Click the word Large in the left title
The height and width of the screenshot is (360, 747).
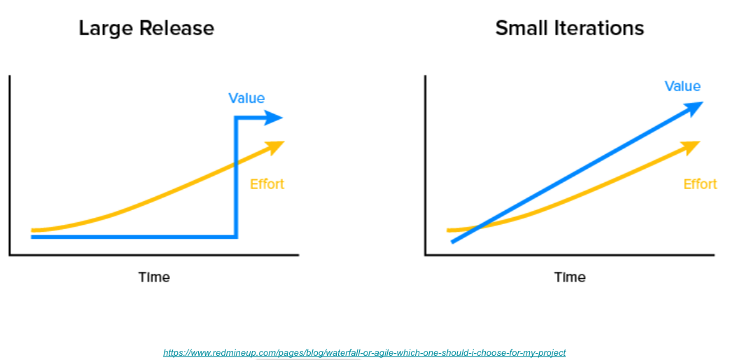[x=106, y=29]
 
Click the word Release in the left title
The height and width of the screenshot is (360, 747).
[x=177, y=28]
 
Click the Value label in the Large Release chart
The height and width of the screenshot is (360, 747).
[x=246, y=98]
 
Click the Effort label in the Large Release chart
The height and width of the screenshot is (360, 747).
[x=267, y=184]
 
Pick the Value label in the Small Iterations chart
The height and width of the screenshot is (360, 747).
[x=683, y=86]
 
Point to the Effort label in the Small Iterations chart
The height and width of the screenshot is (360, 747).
[x=700, y=184]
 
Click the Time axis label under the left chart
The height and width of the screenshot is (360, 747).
[x=154, y=277]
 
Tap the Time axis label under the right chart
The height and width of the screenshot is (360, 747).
[x=570, y=277]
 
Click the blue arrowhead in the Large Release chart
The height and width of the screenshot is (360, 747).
[x=274, y=117]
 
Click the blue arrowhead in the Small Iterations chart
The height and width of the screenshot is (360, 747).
[x=693, y=108]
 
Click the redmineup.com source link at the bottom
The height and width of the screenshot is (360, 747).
[x=364, y=353]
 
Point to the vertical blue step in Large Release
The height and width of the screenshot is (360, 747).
[x=235, y=177]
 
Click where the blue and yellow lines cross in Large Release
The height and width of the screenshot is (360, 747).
[x=235, y=165]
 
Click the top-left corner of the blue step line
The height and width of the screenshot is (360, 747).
[x=235, y=118]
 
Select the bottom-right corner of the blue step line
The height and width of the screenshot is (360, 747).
[x=235, y=237]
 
